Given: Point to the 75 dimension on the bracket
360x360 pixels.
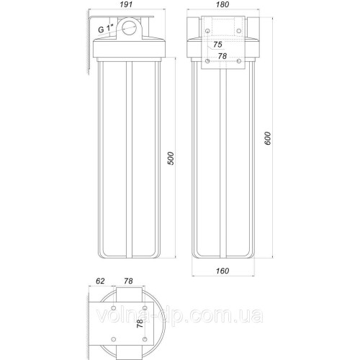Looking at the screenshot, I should pos(218,45).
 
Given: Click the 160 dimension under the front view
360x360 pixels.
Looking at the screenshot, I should pos(224,271).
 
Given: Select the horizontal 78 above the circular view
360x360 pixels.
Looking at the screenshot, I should pos(130,282).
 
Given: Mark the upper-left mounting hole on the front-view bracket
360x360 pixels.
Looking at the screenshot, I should pos(207,32).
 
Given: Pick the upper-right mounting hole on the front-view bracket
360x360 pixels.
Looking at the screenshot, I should pos(240,32).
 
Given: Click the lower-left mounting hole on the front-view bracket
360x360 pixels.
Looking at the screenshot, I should pos(207,62).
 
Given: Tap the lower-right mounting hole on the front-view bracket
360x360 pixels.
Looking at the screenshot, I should pos(240,62).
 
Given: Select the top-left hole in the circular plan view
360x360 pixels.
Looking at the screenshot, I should pos(114,310).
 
